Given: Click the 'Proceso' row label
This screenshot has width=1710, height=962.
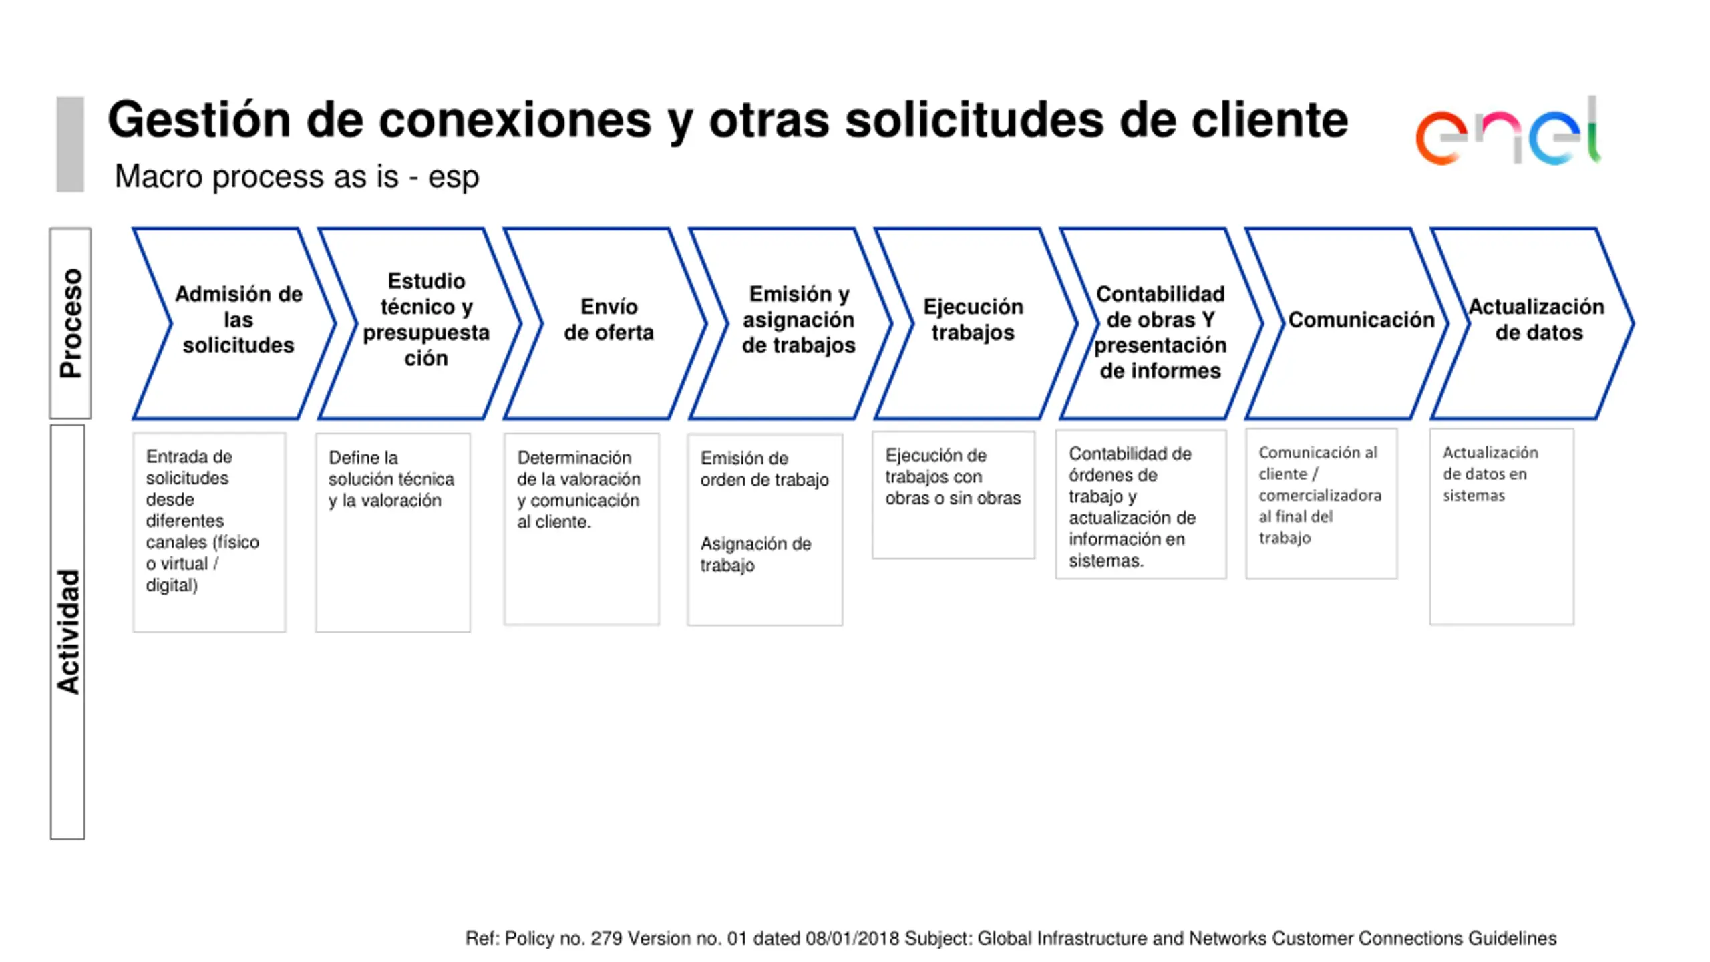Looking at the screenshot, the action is pos(70,323).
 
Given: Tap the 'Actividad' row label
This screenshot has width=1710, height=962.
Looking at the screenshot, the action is pos(67,631).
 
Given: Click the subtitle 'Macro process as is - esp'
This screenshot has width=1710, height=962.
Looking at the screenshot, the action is pos(297,177).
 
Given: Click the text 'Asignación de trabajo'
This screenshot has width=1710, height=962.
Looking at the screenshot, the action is pos(755,554).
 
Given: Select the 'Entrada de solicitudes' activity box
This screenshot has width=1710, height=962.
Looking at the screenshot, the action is pos(209,532).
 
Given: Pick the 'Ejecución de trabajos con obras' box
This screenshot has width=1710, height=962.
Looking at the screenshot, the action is pos(953,494).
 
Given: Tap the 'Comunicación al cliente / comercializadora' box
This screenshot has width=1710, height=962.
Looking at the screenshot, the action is pos(1321,503).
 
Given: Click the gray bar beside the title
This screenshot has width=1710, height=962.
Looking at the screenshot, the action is pos(70,144).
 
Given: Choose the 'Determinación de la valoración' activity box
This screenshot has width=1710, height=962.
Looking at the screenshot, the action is pos(581,528).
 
